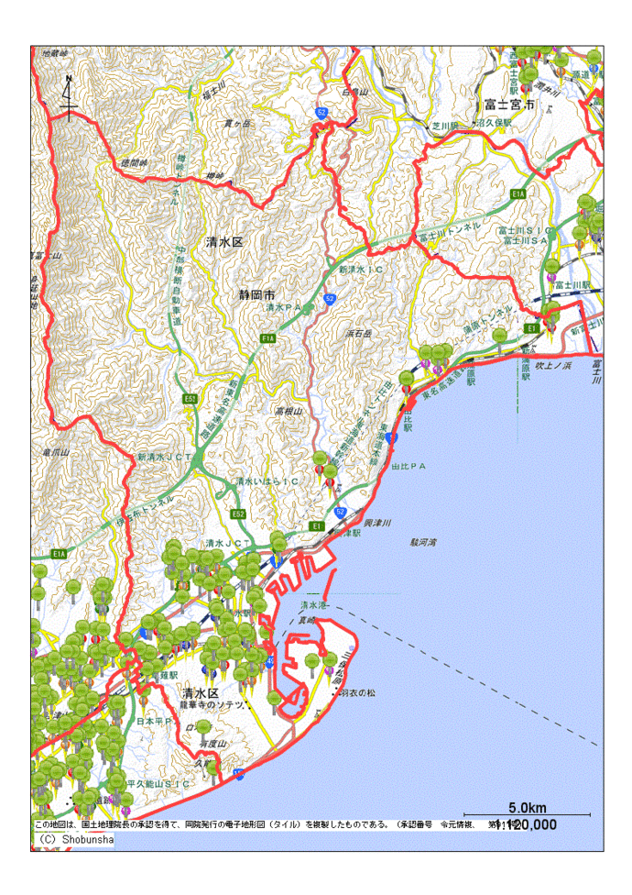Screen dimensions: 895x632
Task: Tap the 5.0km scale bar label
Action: pyautogui.click(x=527, y=808)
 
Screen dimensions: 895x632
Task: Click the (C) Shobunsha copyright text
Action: pyautogui.click(x=75, y=839)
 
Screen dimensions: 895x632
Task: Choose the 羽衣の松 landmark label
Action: pyautogui.click(x=358, y=692)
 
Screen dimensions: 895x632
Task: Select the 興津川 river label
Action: pyautogui.click(x=377, y=522)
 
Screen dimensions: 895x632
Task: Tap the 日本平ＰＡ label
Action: pyautogui.click(x=154, y=722)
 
